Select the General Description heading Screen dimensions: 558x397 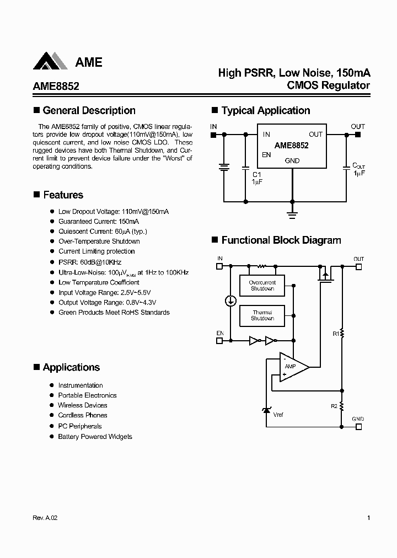point(89,111)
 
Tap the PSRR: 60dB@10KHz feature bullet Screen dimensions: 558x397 point(89,262)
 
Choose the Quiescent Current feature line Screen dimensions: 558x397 point(103,231)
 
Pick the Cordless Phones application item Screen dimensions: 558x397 point(83,415)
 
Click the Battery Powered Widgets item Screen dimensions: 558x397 point(95,436)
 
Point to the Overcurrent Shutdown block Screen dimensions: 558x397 point(262,286)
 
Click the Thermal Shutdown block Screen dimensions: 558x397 point(262,315)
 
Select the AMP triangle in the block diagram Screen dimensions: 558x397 point(291,367)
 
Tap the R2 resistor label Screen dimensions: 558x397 point(334,406)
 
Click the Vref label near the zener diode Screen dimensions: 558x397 point(278,415)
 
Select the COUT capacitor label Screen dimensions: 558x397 point(358,165)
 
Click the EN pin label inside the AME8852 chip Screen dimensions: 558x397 point(266,155)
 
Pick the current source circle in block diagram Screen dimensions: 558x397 point(231,301)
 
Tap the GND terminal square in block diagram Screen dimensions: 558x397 point(358,426)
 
